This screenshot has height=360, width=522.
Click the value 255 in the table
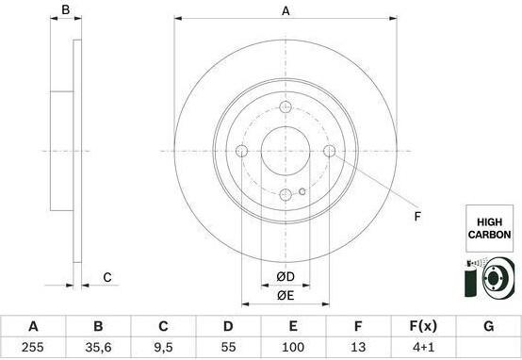(x=33, y=348)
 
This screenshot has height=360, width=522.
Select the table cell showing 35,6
(x=98, y=348)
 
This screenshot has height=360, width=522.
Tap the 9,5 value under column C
(x=163, y=348)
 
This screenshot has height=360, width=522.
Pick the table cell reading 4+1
(x=423, y=348)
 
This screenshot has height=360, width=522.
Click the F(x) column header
(x=423, y=326)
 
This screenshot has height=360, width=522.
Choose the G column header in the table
(x=489, y=326)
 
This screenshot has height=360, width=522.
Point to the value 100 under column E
(x=293, y=348)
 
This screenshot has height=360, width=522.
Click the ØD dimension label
(x=285, y=276)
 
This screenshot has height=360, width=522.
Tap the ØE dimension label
(x=285, y=295)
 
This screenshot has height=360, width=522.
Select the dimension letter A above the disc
(x=285, y=11)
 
